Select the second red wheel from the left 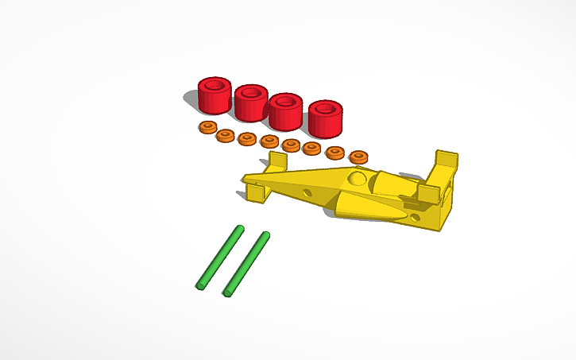click(x=249, y=103)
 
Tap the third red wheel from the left click(x=284, y=112)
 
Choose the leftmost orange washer click(x=207, y=127)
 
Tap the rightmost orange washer click(x=359, y=157)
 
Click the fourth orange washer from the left click(x=269, y=141)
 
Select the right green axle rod click(x=246, y=264)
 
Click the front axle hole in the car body click(x=306, y=192)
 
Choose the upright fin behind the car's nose click(x=276, y=162)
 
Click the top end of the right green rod click(x=265, y=234)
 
